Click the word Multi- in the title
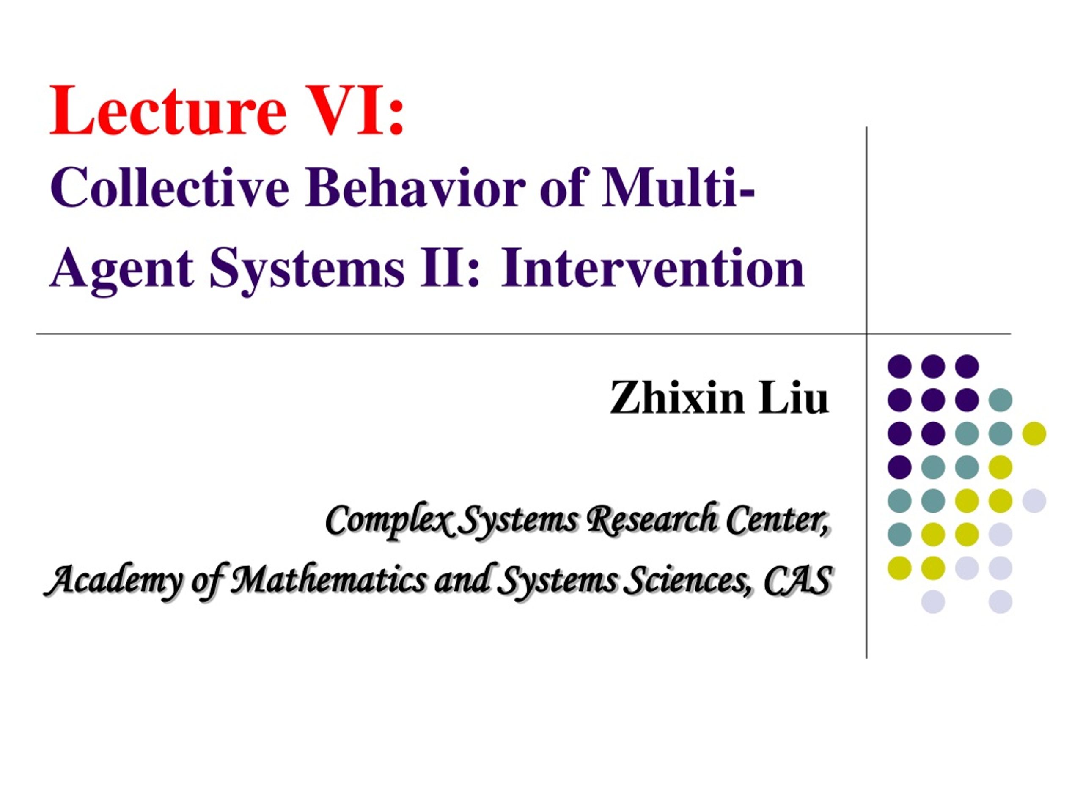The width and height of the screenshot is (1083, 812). (x=678, y=187)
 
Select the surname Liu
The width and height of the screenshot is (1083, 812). (x=794, y=398)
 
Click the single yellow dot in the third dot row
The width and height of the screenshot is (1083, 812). (x=1034, y=433)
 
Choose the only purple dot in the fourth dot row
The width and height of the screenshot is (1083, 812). (x=899, y=467)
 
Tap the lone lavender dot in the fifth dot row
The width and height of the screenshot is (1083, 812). (x=1034, y=501)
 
